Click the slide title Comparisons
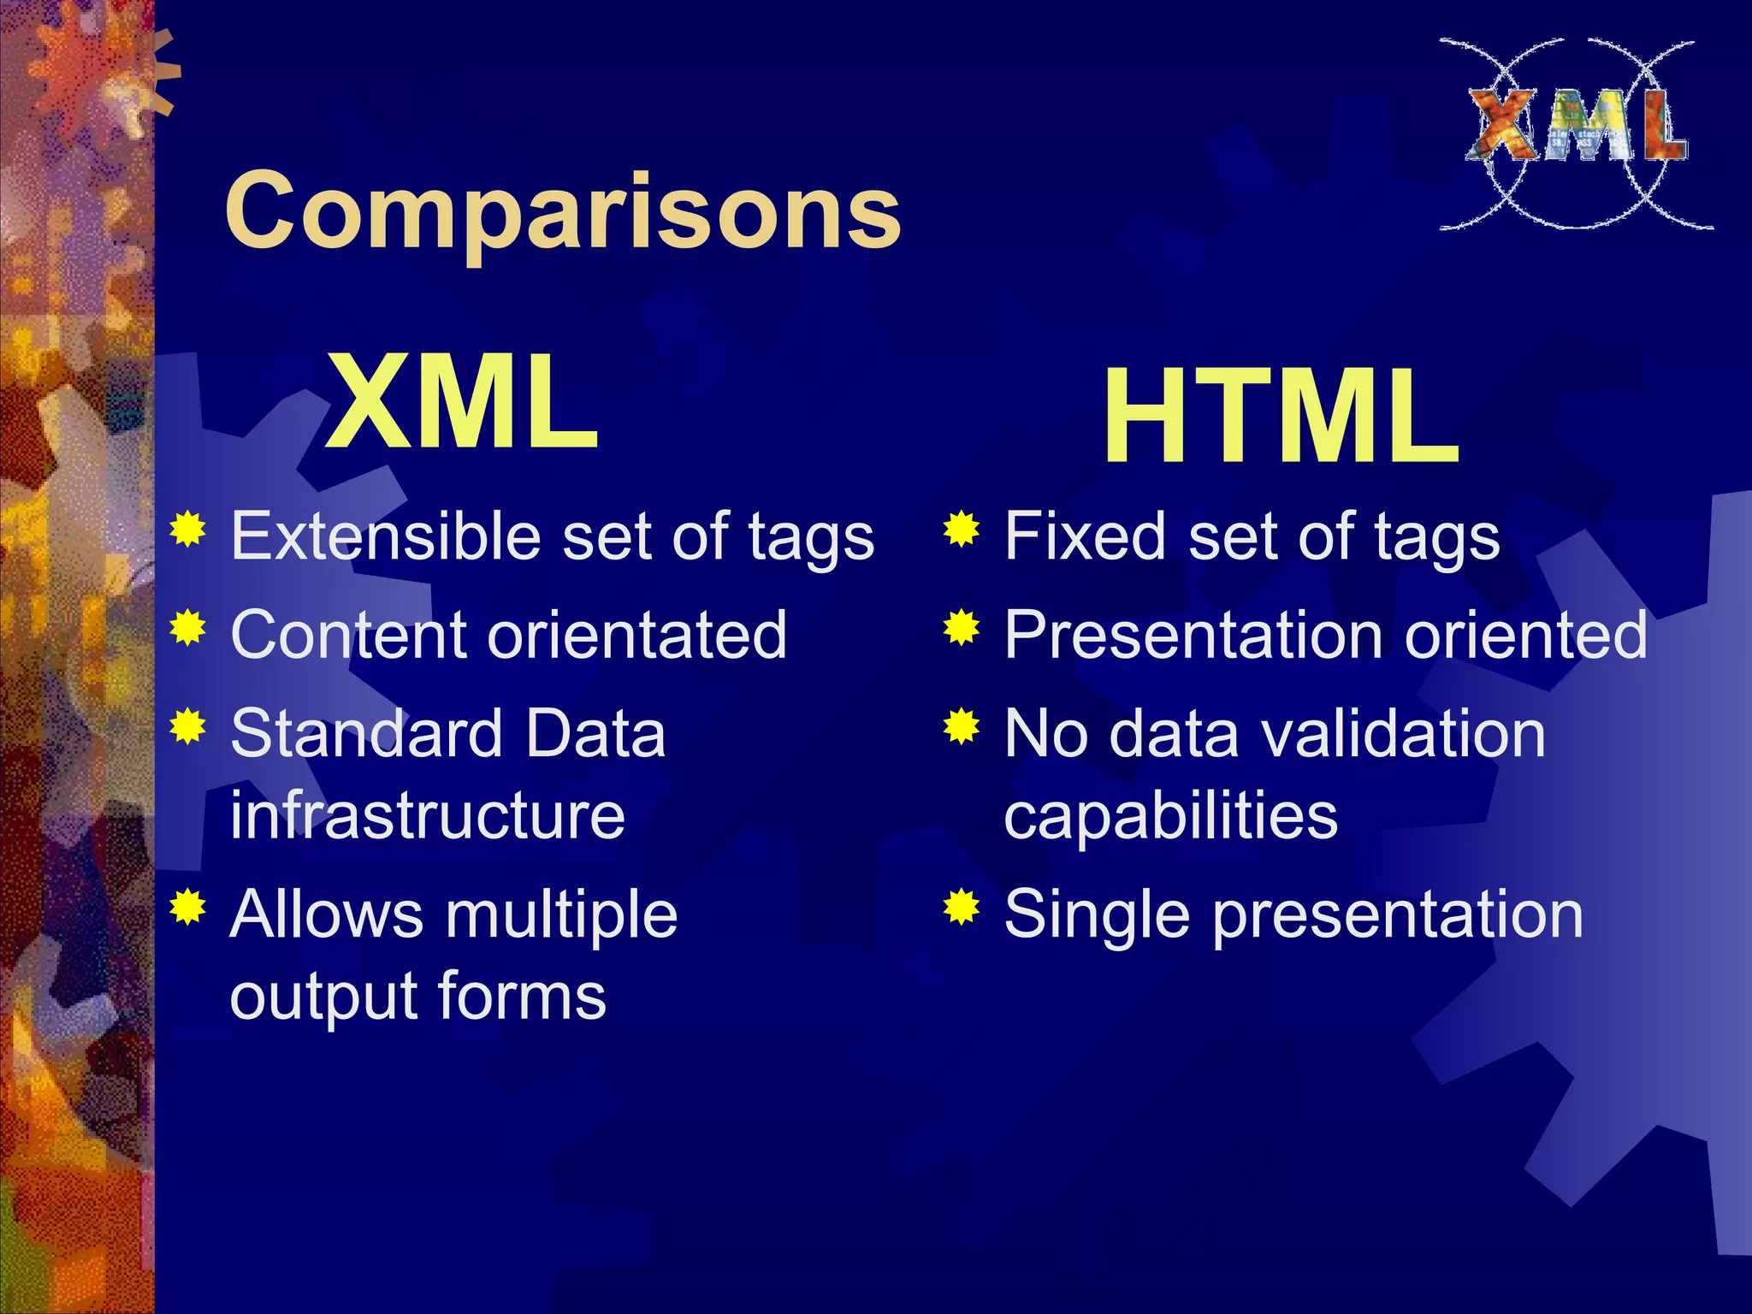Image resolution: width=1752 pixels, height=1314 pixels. tap(562, 211)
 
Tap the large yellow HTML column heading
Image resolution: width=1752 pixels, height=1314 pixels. tap(1281, 417)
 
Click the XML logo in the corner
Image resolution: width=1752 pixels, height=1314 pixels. tap(1577, 133)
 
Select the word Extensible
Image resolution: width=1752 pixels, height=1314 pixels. tap(386, 536)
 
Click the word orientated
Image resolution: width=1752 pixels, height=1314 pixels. tap(637, 635)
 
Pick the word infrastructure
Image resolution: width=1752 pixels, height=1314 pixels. tap(428, 814)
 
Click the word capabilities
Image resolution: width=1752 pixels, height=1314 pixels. tap(1170, 814)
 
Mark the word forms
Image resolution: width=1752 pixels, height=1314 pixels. tap(522, 996)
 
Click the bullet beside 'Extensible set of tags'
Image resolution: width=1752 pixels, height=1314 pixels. tap(188, 530)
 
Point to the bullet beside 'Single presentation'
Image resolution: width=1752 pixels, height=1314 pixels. tap(962, 908)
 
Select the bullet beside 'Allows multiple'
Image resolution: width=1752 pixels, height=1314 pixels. tap(188, 908)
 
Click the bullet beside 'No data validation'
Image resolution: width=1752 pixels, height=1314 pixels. tap(962, 727)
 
